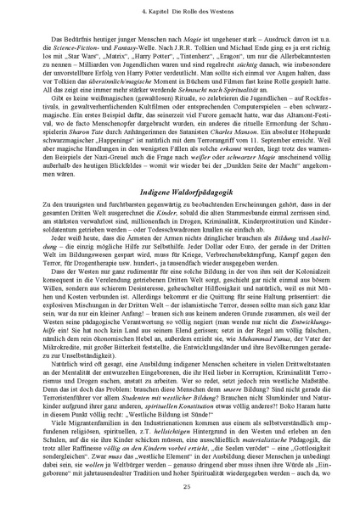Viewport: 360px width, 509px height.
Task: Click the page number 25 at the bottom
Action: tap(180, 484)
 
